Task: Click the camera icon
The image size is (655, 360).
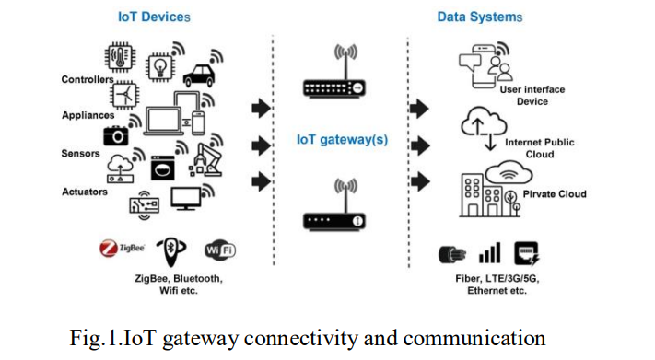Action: pyautogui.click(x=116, y=135)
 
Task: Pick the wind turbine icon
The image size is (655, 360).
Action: pyautogui.click(x=126, y=95)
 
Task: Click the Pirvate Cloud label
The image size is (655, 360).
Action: pyautogui.click(x=556, y=194)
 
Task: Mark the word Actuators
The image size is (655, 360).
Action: pyautogui.click(x=85, y=192)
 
